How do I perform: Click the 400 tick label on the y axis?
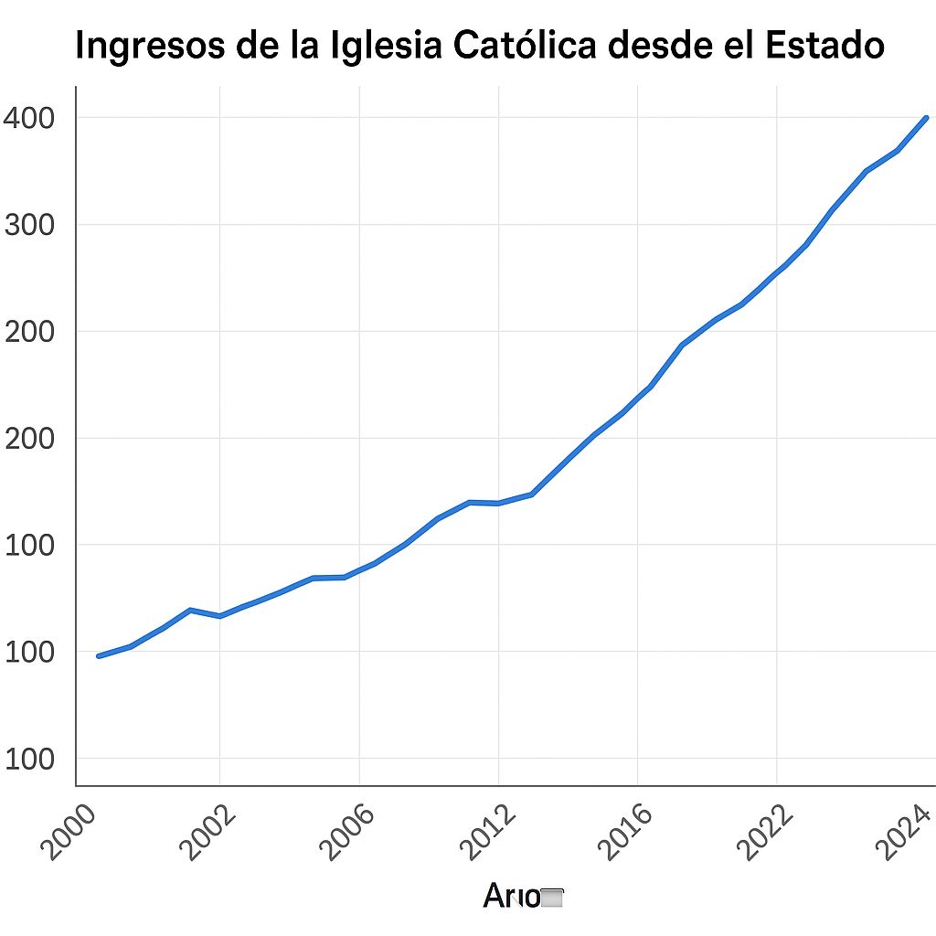[x=29, y=118]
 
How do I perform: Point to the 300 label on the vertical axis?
[x=29, y=225]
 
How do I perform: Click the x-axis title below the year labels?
[x=512, y=897]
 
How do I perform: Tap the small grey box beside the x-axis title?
[x=552, y=899]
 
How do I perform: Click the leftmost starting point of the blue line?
[x=99, y=655]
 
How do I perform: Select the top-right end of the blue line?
[x=926, y=118]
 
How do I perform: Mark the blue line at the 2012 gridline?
[x=498, y=503]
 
